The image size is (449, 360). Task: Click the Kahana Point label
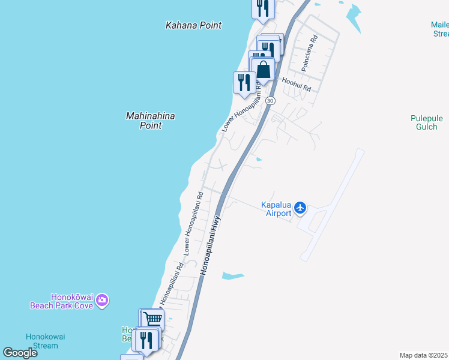[193, 25]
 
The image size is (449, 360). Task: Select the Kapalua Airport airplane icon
[301, 208]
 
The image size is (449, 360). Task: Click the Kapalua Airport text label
[276, 209]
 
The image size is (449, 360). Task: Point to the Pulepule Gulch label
[426, 122]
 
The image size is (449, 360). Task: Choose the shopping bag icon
[263, 70]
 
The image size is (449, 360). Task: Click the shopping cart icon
[152, 320]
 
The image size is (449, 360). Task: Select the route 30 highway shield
[271, 101]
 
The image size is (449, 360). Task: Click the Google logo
[20, 353]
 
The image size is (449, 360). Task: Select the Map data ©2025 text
[424, 355]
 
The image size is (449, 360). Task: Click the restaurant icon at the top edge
[262, 7]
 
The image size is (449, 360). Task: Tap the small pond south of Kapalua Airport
[233, 276]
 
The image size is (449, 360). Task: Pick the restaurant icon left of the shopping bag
[244, 82]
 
